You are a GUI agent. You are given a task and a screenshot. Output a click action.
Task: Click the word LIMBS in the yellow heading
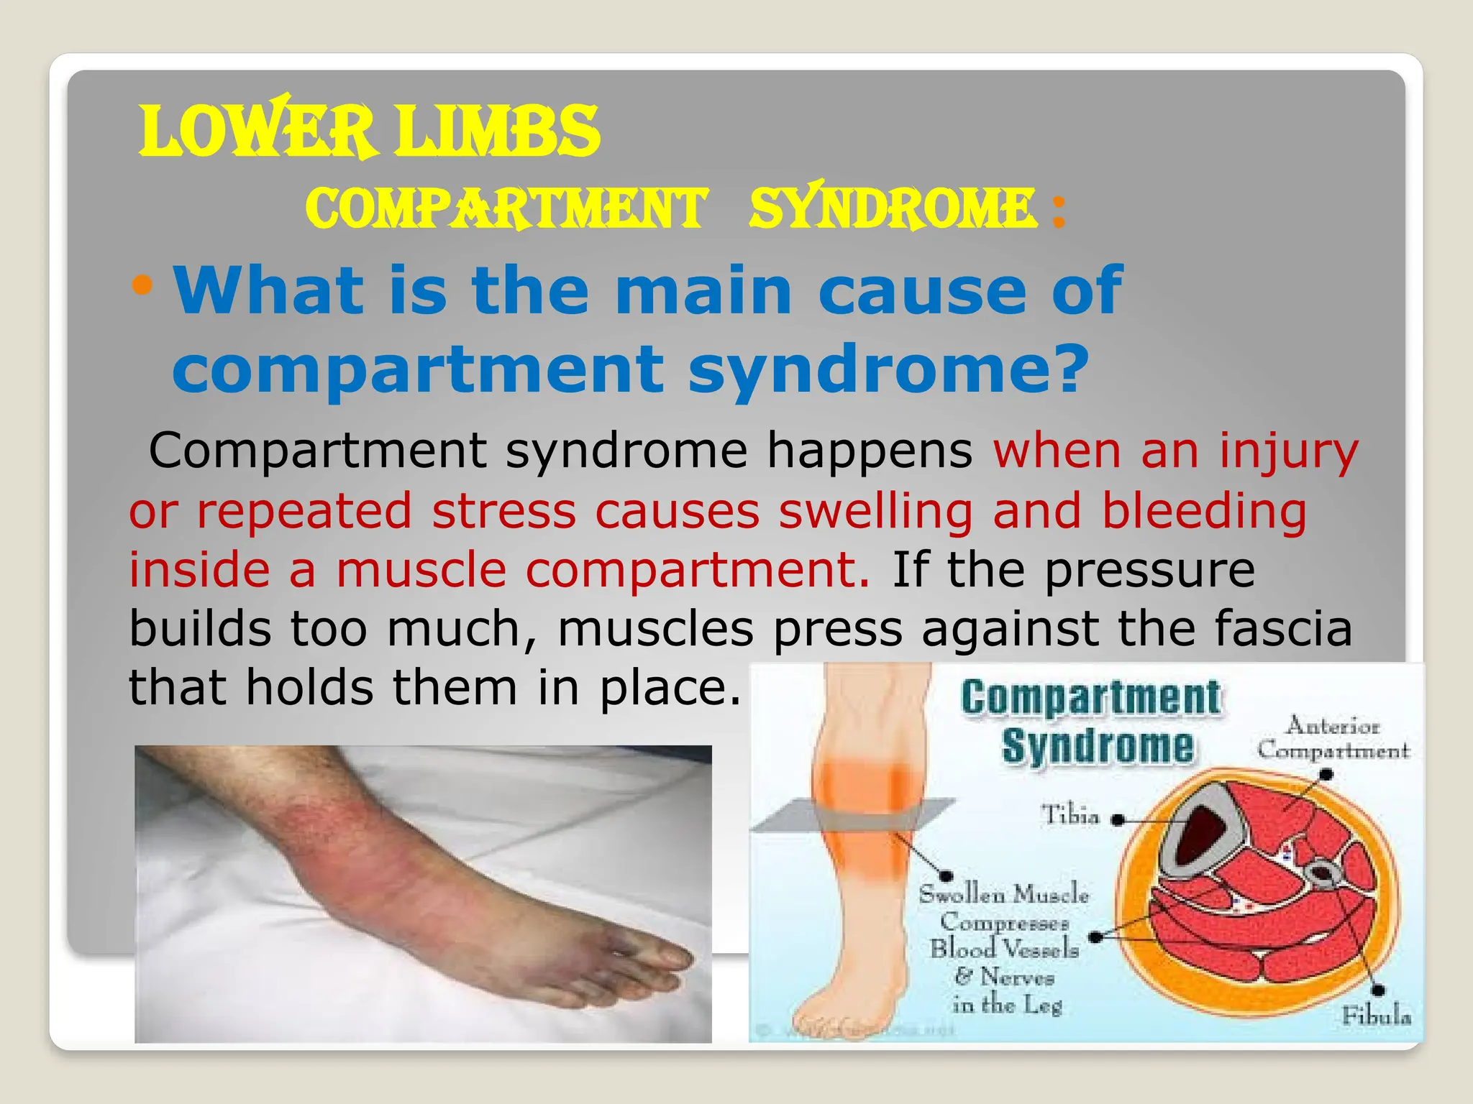[x=498, y=132]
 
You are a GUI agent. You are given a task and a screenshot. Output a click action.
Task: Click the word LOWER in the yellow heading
[x=256, y=132]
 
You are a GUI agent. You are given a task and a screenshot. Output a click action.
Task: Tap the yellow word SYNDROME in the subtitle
[x=892, y=208]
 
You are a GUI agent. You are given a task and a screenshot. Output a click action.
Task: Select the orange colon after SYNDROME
[x=1057, y=211]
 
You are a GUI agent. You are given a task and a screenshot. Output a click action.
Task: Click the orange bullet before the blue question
[x=142, y=286]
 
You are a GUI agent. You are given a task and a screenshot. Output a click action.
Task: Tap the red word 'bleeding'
[x=1205, y=512]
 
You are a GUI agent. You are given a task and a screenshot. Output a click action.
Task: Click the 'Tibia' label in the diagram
[x=1071, y=816]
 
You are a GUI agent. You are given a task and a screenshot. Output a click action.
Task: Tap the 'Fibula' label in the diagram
[x=1375, y=1016]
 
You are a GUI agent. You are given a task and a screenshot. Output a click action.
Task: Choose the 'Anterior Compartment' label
[x=1333, y=738]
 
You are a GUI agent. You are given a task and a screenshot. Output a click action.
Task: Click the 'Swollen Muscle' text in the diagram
[x=1004, y=895]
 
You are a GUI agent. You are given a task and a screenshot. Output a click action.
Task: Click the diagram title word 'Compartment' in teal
[x=1090, y=697]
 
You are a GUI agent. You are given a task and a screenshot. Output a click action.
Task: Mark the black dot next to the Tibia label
[x=1117, y=819]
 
